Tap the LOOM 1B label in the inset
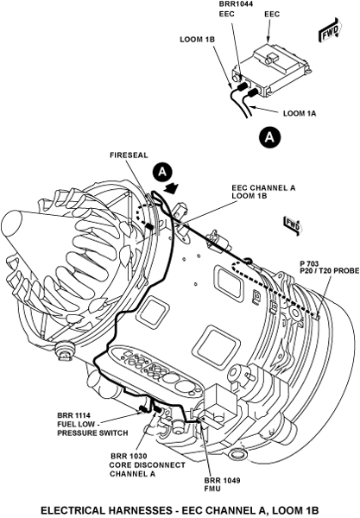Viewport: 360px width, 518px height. pos(197,40)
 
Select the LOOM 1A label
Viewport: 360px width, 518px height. pos(300,113)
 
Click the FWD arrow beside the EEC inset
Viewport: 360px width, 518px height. pos(329,31)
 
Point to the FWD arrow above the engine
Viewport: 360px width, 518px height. pos(292,225)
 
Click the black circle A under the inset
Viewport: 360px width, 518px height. pos(270,136)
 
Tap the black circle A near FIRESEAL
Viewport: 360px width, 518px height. pos(162,173)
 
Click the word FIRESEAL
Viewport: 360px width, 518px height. pos(129,155)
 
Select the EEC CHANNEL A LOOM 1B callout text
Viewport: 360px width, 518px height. pos(263,192)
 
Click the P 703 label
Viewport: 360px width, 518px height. pos(309,263)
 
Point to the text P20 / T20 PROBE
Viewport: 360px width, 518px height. pos(329,271)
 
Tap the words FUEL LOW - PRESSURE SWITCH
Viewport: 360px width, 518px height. pos(92,428)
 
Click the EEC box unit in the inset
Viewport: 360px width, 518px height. pos(271,71)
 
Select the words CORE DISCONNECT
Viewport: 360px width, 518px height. pos(148,464)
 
